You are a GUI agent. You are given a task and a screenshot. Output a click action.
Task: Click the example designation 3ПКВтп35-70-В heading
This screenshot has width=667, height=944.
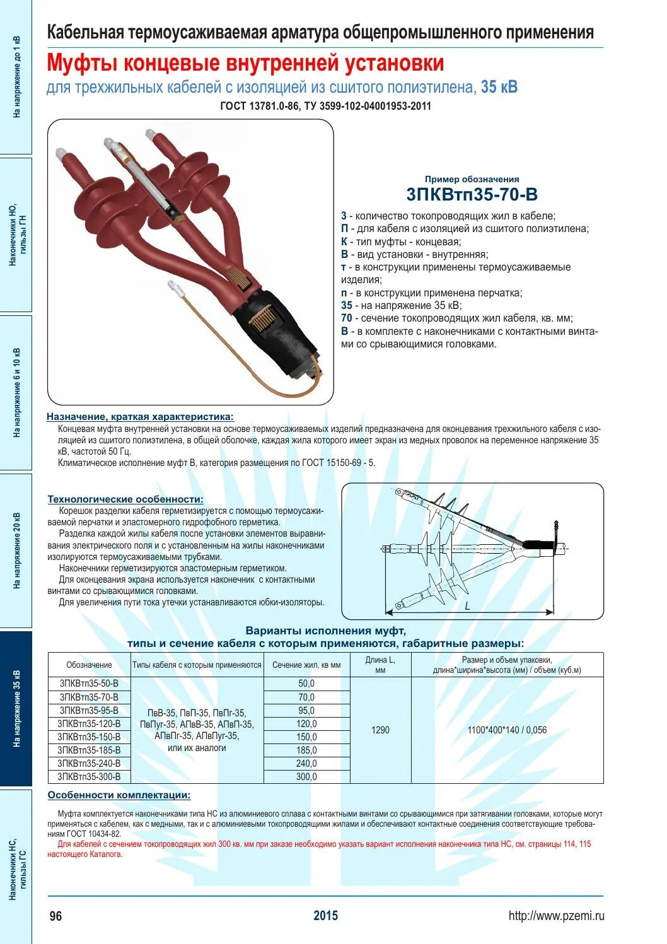point(472,194)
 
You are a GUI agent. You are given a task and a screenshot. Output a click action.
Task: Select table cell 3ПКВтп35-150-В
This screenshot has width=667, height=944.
point(89,737)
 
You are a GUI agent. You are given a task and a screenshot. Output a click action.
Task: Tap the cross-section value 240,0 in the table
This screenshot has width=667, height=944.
point(306,764)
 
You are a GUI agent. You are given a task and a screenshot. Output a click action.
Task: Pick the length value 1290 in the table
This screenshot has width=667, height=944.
point(380,730)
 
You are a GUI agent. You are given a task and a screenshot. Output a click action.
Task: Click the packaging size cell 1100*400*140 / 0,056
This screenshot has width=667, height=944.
point(507,730)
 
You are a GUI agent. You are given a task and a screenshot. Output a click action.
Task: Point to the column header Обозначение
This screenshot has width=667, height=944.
point(89,665)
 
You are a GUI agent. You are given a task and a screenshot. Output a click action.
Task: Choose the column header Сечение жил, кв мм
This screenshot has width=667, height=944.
point(306,665)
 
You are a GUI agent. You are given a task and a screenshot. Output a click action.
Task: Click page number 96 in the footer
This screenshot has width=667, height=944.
point(55,916)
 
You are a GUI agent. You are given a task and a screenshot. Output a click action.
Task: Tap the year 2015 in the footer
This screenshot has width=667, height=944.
point(325,916)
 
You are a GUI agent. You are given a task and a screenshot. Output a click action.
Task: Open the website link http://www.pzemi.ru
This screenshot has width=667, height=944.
point(556,916)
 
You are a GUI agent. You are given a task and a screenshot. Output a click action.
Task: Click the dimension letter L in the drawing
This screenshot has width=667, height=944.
point(467,606)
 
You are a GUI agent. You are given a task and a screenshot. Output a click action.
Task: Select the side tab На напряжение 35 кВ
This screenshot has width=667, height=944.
point(16,709)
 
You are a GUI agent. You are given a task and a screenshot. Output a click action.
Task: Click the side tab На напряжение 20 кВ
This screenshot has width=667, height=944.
point(16,551)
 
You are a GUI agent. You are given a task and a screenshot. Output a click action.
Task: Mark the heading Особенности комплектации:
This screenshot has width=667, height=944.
point(119,795)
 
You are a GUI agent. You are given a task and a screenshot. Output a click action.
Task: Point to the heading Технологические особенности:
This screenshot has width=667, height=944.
point(125,499)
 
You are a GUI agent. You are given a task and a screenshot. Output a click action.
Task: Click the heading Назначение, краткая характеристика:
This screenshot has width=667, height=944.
point(140,417)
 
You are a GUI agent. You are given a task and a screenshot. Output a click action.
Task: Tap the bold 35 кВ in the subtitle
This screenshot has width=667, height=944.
point(499,87)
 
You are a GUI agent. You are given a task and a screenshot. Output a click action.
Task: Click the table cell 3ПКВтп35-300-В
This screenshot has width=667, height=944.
point(89,777)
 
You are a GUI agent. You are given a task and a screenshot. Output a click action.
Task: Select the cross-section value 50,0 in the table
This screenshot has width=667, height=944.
point(306,684)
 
